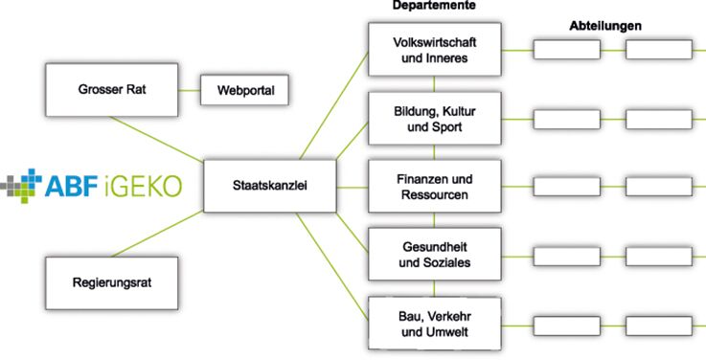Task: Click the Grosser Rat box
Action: point(112,90)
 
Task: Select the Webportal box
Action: point(244,90)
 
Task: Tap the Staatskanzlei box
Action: point(270,186)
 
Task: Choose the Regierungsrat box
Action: point(112,283)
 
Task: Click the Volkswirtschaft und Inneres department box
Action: point(435,50)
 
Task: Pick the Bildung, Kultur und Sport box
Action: point(435,119)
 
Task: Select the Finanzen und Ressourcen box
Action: point(435,187)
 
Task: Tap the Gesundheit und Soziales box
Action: point(435,255)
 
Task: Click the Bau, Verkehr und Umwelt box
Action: point(435,324)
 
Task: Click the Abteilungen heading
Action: point(605,26)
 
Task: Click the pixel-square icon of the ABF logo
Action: point(21,186)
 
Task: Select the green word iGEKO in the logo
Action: point(142,187)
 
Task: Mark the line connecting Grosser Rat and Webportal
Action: point(189,90)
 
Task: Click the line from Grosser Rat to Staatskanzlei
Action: point(157,139)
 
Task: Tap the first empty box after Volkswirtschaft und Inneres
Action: point(567,50)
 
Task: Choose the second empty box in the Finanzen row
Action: point(659,187)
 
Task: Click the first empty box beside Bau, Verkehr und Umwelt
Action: point(567,326)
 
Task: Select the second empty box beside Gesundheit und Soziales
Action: point(659,257)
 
